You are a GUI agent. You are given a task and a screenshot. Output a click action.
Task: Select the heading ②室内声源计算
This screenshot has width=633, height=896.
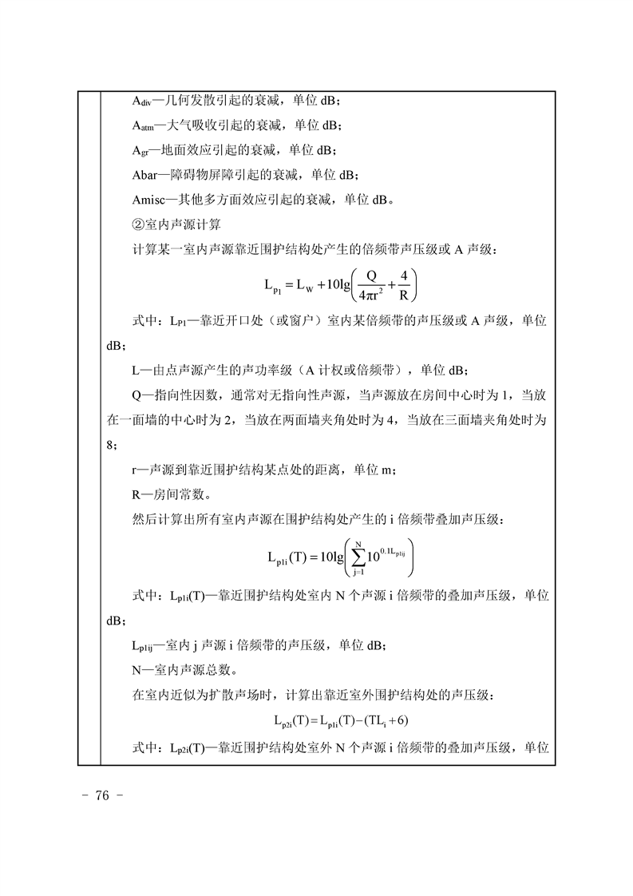coord(174,224)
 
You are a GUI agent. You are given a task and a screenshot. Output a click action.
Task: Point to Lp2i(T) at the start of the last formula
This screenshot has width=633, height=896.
coord(291,721)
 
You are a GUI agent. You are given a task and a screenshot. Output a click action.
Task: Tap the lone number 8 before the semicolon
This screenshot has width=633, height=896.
coord(110,445)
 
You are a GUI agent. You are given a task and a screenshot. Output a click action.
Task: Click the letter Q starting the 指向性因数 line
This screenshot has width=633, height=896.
coord(135,396)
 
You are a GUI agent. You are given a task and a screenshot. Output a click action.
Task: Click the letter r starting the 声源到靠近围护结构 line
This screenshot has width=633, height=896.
coord(133,470)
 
